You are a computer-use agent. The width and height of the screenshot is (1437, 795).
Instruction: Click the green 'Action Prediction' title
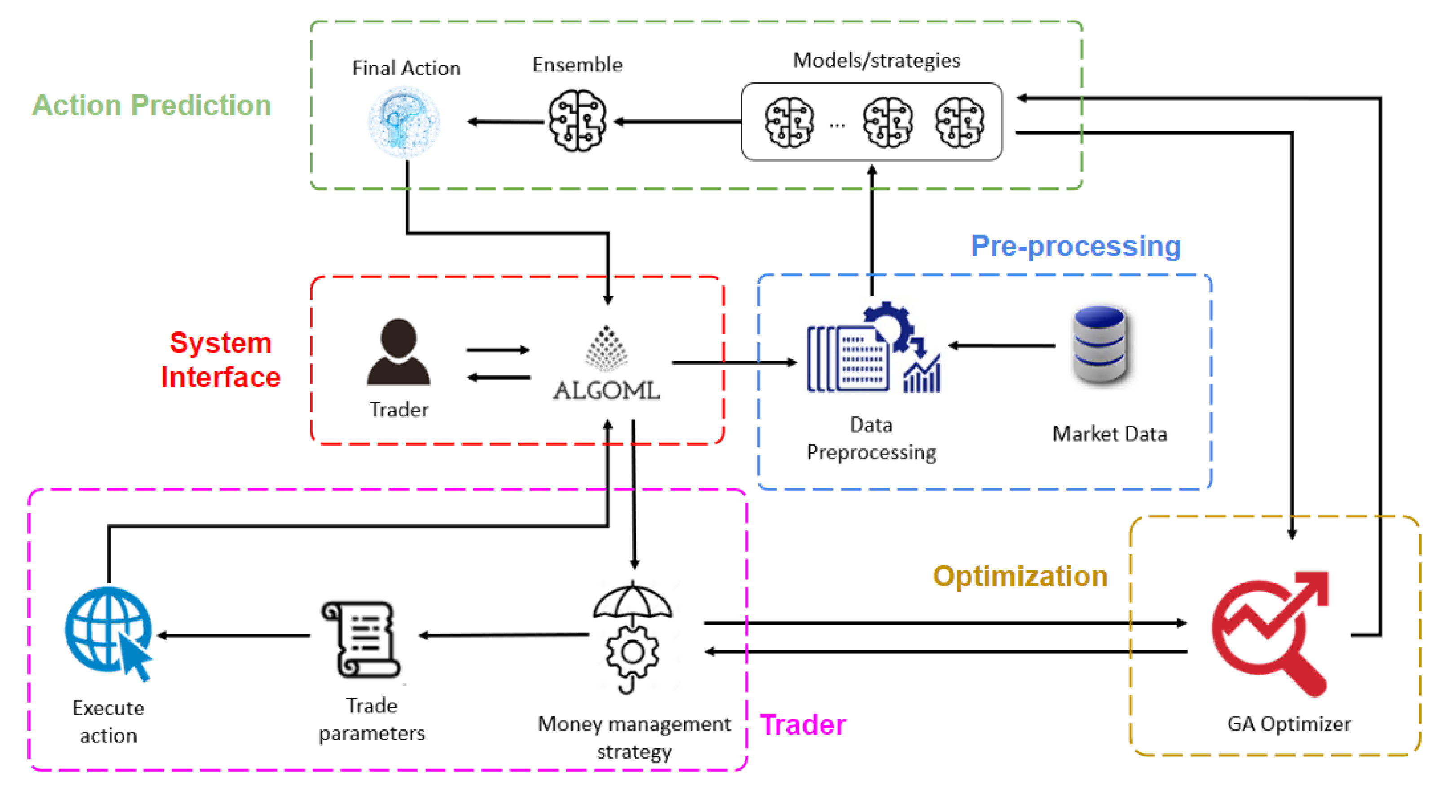click(x=151, y=105)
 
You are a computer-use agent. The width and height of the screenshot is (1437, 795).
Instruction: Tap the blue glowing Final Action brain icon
click(x=404, y=121)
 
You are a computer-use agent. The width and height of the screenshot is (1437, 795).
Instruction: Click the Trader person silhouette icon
click(x=398, y=353)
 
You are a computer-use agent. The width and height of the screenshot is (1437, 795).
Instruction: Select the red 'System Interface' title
click(x=220, y=360)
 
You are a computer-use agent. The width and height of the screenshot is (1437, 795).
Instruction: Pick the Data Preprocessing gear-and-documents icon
click(x=873, y=349)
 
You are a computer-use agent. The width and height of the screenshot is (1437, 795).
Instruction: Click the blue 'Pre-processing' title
click(x=1076, y=246)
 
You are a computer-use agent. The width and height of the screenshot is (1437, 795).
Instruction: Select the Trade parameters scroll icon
click(x=360, y=639)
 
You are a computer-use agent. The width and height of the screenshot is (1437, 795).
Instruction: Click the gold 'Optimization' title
click(x=1020, y=576)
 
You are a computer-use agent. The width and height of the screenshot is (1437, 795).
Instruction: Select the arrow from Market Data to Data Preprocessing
click(x=1001, y=345)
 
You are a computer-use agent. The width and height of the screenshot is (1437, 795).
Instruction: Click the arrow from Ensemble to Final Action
click(x=505, y=122)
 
